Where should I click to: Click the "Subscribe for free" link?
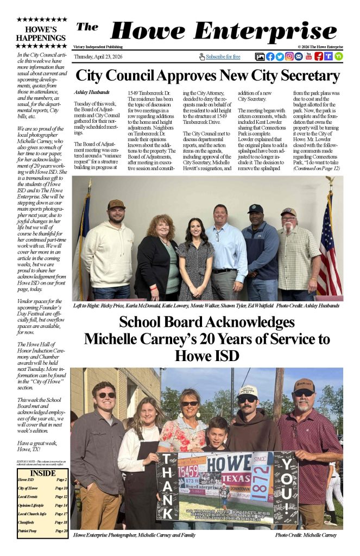click(223, 56)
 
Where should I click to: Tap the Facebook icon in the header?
click(270, 56)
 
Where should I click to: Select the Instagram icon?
click(289, 56)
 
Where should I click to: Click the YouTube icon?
click(309, 56)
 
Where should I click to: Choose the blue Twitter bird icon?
click(280, 56)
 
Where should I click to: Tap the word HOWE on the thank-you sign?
click(228, 464)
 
